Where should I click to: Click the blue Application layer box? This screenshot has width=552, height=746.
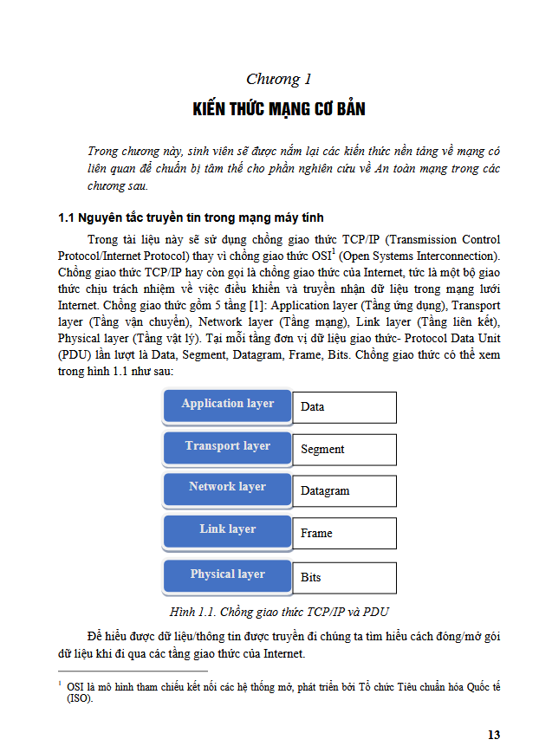[227, 405]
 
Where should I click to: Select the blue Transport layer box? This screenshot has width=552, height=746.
[227, 447]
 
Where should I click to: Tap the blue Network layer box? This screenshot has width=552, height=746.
[227, 488]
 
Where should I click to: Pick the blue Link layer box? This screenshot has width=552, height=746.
[227, 530]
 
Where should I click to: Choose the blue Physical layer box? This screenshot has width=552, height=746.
[227, 575]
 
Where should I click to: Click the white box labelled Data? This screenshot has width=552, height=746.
[344, 406]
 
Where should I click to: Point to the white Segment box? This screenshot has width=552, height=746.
[344, 449]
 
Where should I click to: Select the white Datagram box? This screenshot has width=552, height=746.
[344, 490]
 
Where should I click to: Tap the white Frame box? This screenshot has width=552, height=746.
[344, 533]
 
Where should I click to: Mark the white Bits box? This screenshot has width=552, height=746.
[344, 577]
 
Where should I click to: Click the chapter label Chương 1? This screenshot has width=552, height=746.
[278, 80]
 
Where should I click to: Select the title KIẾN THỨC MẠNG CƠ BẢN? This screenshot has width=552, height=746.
[278, 109]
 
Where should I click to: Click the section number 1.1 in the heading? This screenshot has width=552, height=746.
[68, 217]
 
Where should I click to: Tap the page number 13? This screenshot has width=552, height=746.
[494, 735]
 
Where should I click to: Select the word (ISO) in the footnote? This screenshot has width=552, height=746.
[79, 698]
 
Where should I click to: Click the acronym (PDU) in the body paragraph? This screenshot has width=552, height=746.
[74, 356]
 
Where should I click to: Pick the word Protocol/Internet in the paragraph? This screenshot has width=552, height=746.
[107, 257]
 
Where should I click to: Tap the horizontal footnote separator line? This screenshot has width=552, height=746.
[133, 671]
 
